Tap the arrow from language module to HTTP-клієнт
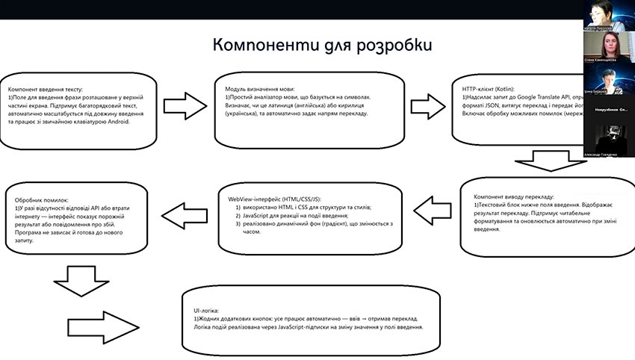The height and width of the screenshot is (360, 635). point(426,102)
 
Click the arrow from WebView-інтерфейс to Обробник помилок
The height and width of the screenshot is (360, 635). point(187,217)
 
